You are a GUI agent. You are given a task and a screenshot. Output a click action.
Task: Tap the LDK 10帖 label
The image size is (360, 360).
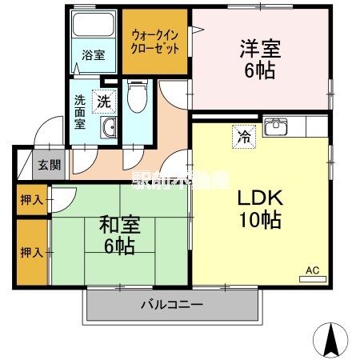point(257,208)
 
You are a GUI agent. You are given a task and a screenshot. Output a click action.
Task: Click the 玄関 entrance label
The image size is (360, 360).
point(49,166)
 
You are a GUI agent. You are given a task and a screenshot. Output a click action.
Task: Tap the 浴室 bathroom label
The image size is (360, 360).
point(94,55)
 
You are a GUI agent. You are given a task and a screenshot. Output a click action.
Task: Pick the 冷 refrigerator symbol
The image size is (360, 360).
point(242,136)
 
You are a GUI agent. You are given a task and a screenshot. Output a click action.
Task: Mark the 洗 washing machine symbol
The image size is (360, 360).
point(104,102)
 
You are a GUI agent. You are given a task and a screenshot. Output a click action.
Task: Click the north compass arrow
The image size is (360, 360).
point(332,340)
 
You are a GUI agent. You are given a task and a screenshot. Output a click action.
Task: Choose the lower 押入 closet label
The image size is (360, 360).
point(32,253)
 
